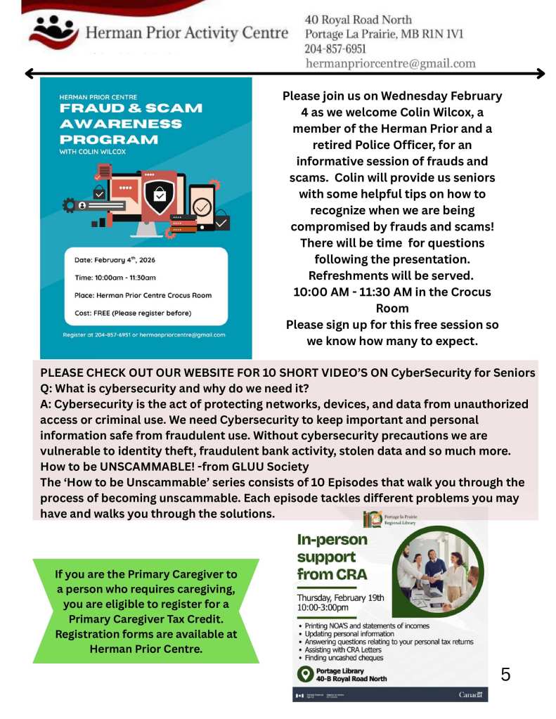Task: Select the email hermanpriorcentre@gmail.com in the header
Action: (390, 63)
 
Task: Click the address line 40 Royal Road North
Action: (358, 20)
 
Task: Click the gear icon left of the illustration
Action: (69, 205)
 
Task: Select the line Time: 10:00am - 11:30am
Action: (115, 278)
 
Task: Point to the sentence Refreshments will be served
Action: (391, 275)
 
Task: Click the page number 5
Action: (505, 675)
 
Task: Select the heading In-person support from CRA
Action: (333, 557)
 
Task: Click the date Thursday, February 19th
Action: (341, 597)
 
